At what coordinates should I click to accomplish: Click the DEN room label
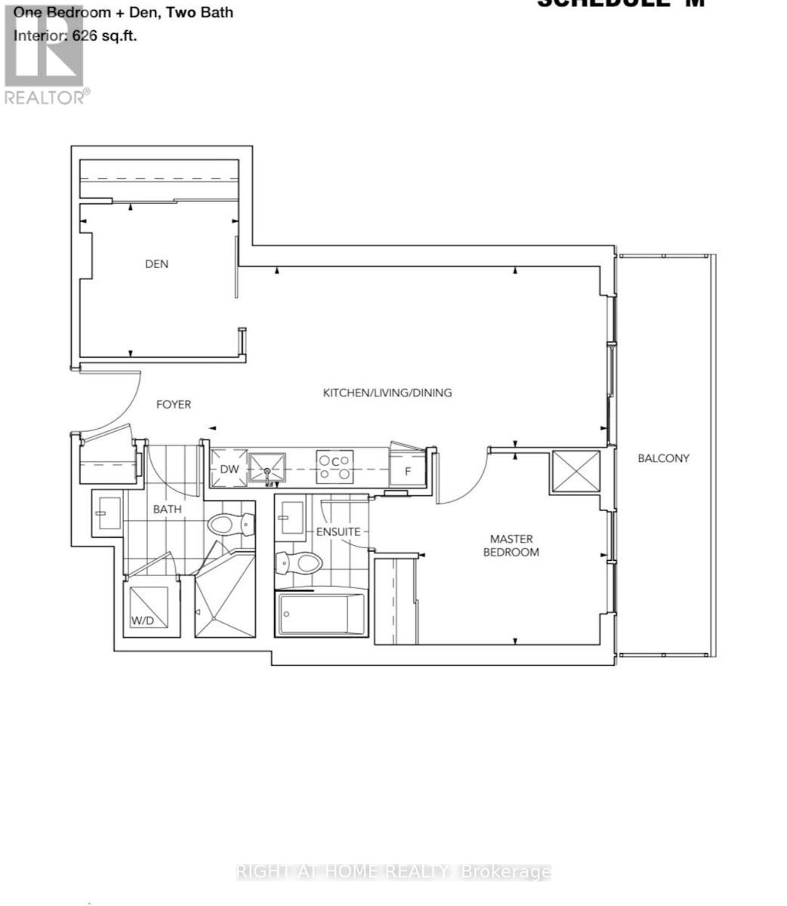click(x=156, y=264)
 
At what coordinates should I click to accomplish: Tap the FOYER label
click(x=173, y=405)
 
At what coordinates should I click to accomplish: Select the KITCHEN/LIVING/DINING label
click(x=387, y=393)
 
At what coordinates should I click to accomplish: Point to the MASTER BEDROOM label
click(x=514, y=545)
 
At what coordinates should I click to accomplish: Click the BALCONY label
click(x=663, y=458)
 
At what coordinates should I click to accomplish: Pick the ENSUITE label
click(x=338, y=532)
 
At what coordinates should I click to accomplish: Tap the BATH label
click(x=167, y=509)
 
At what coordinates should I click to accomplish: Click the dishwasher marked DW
click(x=229, y=470)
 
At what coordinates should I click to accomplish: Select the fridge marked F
click(x=408, y=471)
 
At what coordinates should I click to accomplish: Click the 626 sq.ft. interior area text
click(x=76, y=35)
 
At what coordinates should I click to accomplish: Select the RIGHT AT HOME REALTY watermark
click(x=393, y=873)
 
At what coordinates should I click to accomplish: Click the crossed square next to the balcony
click(x=576, y=472)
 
